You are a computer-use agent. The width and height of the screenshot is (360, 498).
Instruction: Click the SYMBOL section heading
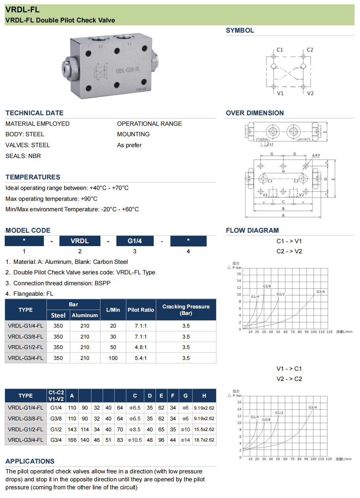[x=240, y=30]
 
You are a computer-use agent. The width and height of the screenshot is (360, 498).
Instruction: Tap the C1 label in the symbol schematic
[x=280, y=50]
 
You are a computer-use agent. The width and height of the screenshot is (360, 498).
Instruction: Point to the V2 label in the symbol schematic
[x=310, y=93]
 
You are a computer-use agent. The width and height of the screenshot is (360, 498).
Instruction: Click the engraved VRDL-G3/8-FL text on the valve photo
[x=127, y=70]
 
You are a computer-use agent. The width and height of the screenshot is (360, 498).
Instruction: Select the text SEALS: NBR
[x=23, y=156]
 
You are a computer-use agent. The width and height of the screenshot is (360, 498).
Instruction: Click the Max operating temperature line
[x=51, y=199]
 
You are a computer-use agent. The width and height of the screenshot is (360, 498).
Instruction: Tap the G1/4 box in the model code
[x=135, y=241]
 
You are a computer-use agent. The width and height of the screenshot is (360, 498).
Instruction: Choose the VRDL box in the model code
[x=80, y=241]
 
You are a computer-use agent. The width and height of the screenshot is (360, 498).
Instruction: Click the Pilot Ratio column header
[x=141, y=310]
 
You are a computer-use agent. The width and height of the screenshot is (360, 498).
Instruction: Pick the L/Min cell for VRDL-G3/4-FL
[x=113, y=358]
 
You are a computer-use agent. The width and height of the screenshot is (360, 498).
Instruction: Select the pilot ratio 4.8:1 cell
[x=141, y=347]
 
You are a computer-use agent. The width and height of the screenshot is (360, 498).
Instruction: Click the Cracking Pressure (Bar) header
[x=186, y=310]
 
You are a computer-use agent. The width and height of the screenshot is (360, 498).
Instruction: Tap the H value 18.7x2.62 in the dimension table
[x=204, y=440]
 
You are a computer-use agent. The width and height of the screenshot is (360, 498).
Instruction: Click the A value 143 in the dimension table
[x=72, y=429]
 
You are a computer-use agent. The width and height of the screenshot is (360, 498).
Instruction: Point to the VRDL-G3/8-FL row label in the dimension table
[x=25, y=419]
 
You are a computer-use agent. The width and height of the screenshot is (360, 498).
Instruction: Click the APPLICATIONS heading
[x=30, y=461]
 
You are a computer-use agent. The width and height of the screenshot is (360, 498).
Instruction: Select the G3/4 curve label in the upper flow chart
[x=320, y=292]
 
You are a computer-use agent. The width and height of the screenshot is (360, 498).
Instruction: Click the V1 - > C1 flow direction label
[x=289, y=369]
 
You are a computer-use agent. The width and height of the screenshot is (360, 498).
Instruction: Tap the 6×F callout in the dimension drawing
[x=316, y=155]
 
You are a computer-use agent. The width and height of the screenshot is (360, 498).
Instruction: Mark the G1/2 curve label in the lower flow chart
[x=279, y=413]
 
